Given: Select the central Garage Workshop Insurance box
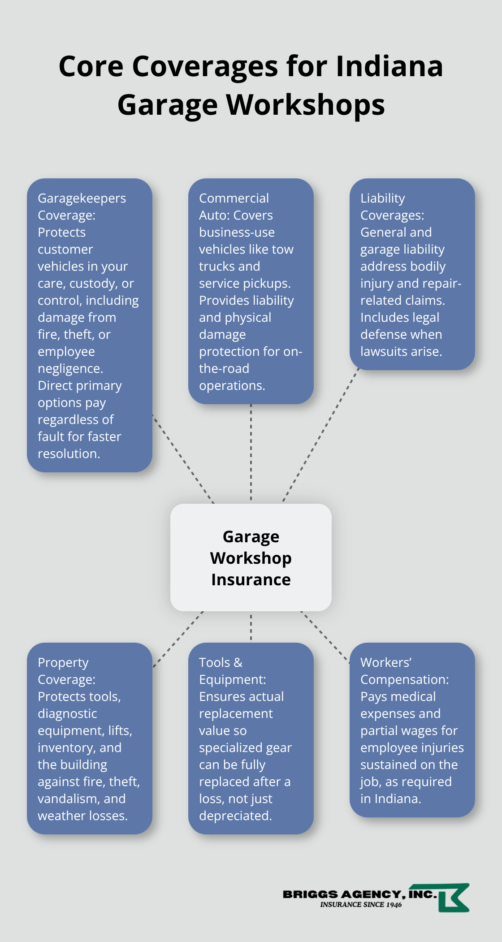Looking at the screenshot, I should click(x=251, y=557).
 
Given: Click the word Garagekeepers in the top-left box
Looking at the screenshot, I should click(x=82, y=198).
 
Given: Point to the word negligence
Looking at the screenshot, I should click(x=70, y=368).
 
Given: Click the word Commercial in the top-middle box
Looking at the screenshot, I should click(x=234, y=198).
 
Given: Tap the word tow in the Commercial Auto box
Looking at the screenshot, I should click(x=282, y=249).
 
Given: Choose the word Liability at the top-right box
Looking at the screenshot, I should click(x=382, y=198).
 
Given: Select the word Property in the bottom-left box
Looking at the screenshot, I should click(x=63, y=662).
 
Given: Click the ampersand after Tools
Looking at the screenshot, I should click(x=238, y=662).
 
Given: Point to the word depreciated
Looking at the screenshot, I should click(x=235, y=816).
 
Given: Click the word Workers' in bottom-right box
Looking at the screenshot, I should click(x=386, y=662).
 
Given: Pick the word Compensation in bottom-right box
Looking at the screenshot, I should click(x=404, y=679).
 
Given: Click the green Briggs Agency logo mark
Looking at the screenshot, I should click(x=453, y=898).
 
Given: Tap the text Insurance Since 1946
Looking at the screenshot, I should click(x=361, y=905).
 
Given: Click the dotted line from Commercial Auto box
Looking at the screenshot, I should click(x=251, y=453).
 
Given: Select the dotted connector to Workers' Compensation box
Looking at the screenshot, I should click(x=325, y=637).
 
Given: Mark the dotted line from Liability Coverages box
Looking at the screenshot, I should click(x=320, y=435).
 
